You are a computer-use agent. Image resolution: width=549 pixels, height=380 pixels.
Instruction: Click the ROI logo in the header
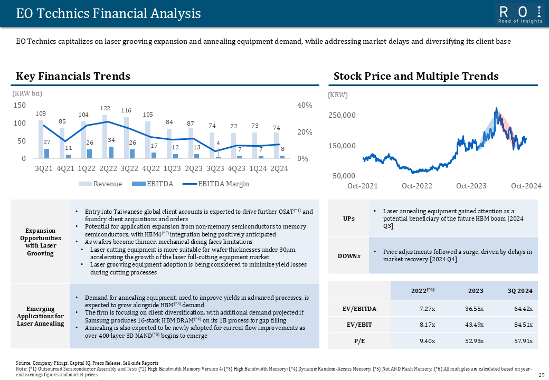[520, 14]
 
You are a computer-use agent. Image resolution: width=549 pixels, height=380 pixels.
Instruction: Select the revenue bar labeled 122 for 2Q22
[105, 137]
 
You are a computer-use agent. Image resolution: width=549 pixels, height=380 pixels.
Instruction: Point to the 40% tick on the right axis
[305, 106]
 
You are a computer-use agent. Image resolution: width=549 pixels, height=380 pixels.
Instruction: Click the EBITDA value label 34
[111, 140]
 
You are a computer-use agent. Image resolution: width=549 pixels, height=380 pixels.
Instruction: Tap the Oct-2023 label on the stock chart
[471, 186]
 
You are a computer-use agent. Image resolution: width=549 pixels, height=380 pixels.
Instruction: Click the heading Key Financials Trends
[73, 77]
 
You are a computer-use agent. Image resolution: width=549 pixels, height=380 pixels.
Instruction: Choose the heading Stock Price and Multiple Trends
[416, 77]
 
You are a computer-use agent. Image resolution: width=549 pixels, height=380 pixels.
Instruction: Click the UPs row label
[348, 218]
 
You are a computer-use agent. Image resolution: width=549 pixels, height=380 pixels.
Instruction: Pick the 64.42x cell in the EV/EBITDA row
[522, 308]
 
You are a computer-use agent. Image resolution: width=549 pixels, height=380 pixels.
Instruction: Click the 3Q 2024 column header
[520, 291]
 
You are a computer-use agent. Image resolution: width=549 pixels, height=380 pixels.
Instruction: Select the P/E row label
[359, 341]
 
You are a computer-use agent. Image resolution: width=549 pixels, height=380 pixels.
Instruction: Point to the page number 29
[541, 374]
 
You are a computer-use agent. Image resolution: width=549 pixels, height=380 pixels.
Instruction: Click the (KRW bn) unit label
[27, 93]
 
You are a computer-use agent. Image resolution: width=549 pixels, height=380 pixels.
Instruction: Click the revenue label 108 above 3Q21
[41, 113]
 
